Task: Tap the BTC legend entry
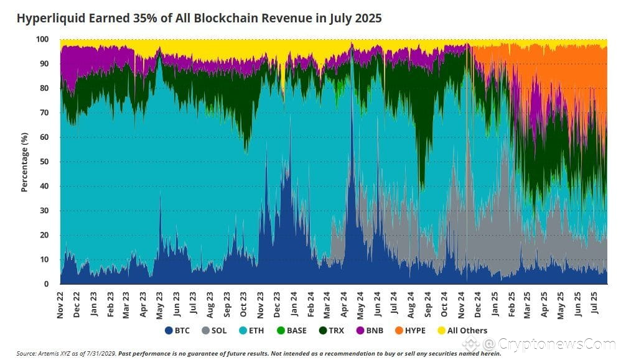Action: [x=177, y=330]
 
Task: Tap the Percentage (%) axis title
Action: [x=25, y=162]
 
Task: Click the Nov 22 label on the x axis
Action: [x=60, y=303]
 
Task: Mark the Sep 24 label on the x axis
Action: [x=427, y=303]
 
